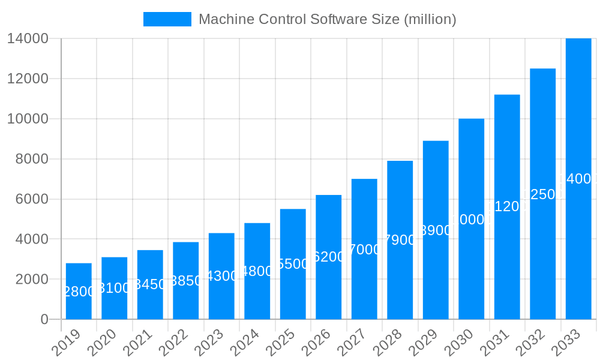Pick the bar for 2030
pos(471,219)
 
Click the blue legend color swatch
pos(167,19)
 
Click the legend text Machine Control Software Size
pos(327,19)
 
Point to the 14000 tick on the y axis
pos(28,38)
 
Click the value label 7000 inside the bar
pos(364,250)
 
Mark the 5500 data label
pos(293,264)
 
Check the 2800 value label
pos(79,292)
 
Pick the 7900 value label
pos(400,240)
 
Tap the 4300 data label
pos(221,276)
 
